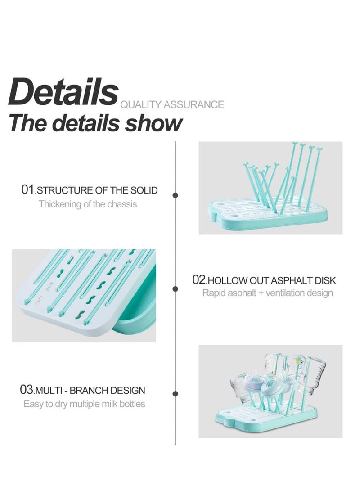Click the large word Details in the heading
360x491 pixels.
point(63,92)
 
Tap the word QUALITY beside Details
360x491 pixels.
point(135,105)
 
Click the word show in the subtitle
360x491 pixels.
point(154,123)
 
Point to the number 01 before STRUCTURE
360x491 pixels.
point(28,190)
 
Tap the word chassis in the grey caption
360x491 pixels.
point(122,204)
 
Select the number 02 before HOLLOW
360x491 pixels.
point(199,280)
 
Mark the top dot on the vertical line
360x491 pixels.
point(175,195)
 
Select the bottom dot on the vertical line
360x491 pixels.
point(175,394)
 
